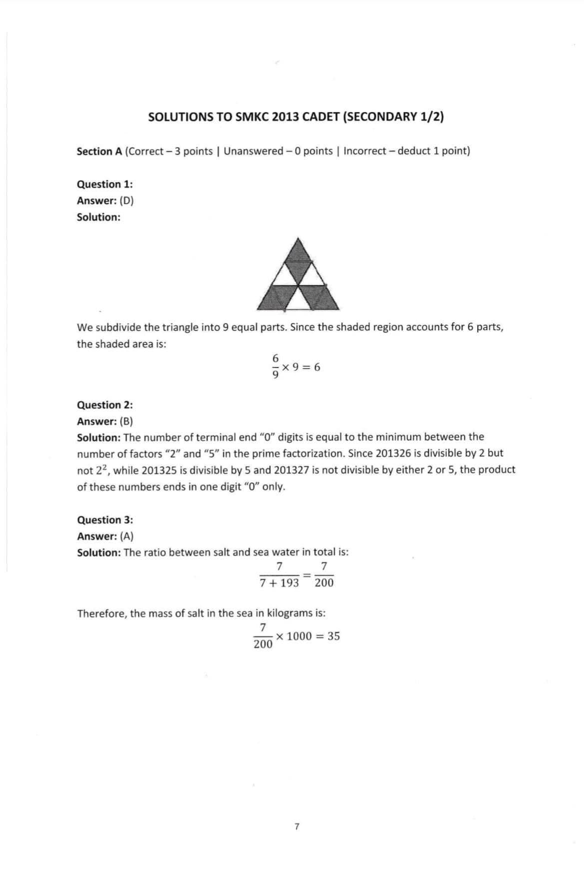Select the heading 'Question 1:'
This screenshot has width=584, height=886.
(x=105, y=184)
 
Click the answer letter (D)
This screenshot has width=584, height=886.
(x=126, y=201)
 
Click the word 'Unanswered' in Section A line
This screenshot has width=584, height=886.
(x=253, y=151)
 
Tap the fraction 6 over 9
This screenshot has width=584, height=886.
(x=275, y=367)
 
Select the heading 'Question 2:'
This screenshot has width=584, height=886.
(x=105, y=405)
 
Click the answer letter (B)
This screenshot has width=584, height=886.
(x=126, y=421)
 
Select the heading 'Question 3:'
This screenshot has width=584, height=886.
(x=105, y=520)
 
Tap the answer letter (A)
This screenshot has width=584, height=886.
(x=126, y=536)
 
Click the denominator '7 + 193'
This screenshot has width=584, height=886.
(x=280, y=583)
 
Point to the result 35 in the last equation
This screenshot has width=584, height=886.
(x=334, y=636)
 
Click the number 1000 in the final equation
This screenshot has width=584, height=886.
(x=299, y=636)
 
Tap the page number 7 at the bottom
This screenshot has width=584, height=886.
(x=297, y=827)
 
